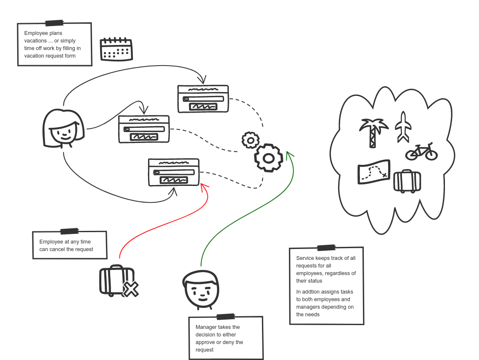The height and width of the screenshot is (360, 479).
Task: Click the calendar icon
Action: tap(116, 49)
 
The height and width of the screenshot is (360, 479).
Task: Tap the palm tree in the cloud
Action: tap(373, 132)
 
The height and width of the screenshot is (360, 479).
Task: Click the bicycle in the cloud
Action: tap(421, 152)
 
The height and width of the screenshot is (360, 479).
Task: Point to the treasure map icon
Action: tap(373, 172)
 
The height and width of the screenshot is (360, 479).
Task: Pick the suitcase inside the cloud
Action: tap(407, 181)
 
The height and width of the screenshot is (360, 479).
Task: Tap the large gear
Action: tap(268, 158)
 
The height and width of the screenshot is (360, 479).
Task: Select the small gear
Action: tap(251, 140)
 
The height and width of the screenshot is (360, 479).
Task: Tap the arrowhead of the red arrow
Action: tap(204, 186)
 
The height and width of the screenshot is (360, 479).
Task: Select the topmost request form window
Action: tap(203, 99)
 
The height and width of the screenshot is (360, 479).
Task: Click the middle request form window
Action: tap(144, 129)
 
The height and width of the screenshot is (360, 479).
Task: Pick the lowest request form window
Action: tap(174, 172)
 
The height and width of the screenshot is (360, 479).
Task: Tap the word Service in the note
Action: tap(306, 258)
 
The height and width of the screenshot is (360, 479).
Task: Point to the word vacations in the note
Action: tap(35, 41)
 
